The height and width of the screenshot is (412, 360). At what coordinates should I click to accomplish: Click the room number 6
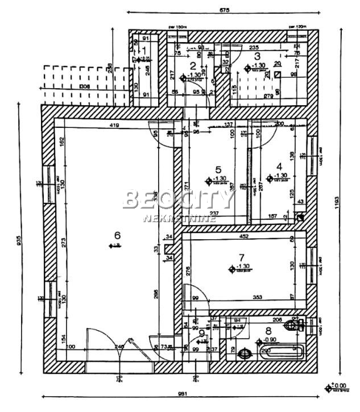(117, 235)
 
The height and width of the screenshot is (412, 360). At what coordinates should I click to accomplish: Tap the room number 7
(241, 257)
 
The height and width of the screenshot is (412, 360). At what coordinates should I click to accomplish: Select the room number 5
(217, 169)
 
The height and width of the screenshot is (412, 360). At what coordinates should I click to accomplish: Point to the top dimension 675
(224, 10)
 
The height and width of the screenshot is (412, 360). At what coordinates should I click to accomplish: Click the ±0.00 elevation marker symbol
(328, 388)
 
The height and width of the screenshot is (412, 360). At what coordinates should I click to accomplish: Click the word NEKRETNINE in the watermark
(179, 218)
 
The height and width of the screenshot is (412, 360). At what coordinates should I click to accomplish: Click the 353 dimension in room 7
(242, 296)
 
